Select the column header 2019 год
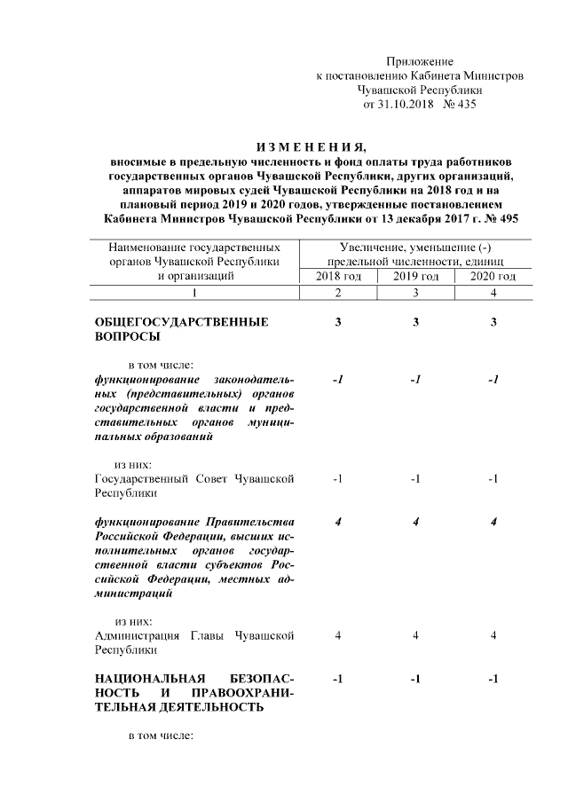(416, 276)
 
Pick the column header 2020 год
(493, 276)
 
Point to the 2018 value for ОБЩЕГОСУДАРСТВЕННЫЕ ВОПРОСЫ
(338, 321)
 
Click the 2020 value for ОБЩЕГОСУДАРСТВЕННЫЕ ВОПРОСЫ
(493, 321)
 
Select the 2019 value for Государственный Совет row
(416, 480)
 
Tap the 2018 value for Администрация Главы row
(339, 635)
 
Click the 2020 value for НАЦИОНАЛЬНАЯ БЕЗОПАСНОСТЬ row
(493, 679)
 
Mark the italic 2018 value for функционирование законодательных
(338, 380)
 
